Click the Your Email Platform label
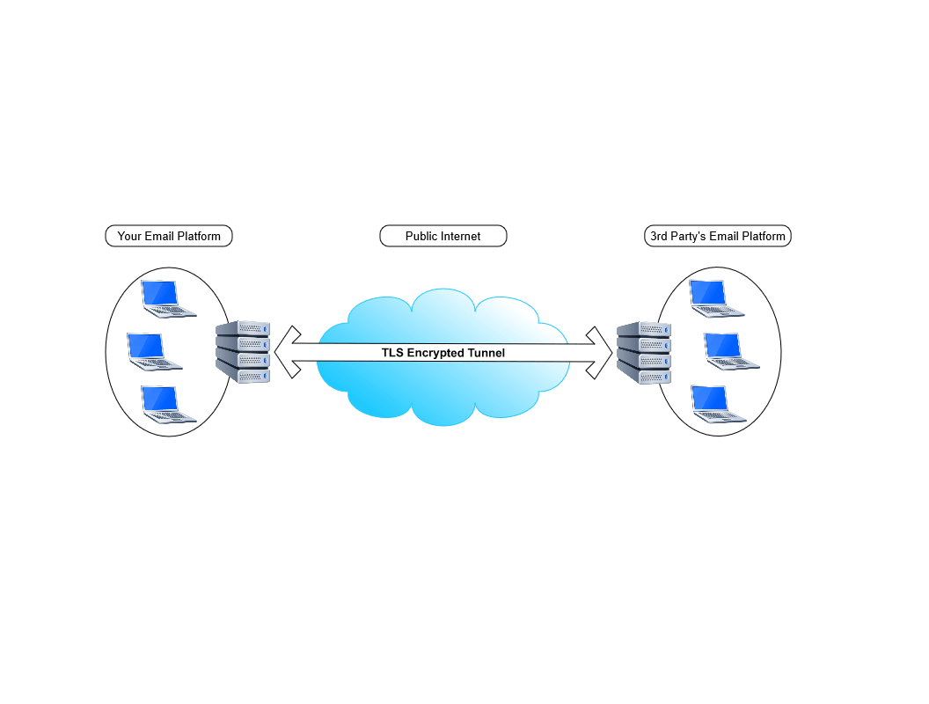pos(169,236)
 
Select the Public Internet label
pos(443,236)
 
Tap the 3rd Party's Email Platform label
pos(717,236)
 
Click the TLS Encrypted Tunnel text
pos(443,353)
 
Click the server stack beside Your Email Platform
pos(243,352)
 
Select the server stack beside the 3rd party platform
pos(643,352)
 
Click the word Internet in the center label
pos(461,236)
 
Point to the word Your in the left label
pos(129,236)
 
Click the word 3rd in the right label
pos(660,236)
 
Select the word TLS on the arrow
pos(391,353)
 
